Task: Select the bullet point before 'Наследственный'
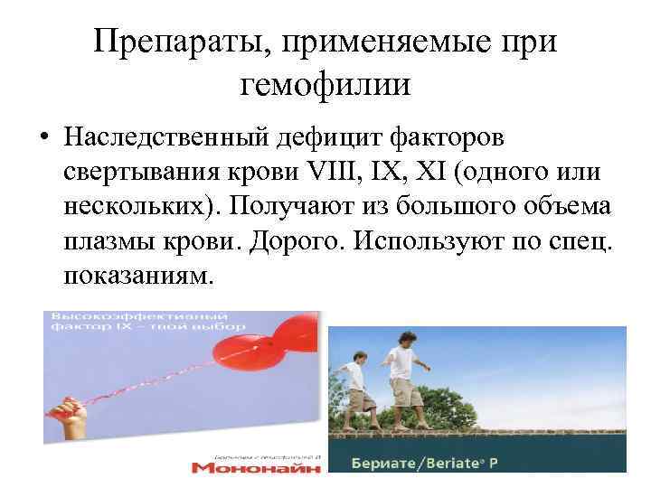pyautogui.click(x=43, y=138)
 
